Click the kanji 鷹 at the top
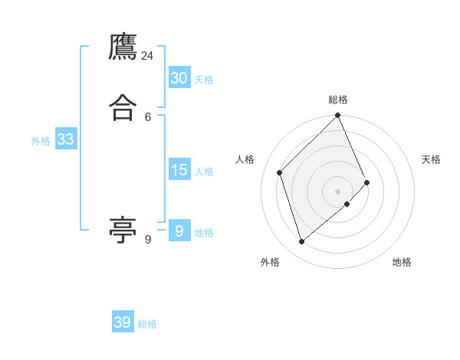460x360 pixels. pyautogui.click(x=123, y=48)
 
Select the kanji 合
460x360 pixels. pyautogui.click(x=123, y=108)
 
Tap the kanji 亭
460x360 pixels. pyautogui.click(x=123, y=230)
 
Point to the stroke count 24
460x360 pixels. pyautogui.click(x=147, y=56)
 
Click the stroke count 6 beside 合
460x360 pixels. pyautogui.click(x=148, y=116)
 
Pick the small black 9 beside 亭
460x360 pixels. pyautogui.click(x=148, y=240)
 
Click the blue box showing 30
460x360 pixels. pyautogui.click(x=179, y=78)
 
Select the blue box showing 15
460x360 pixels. pyautogui.click(x=179, y=170)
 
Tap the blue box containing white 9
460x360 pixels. pyautogui.click(x=179, y=231)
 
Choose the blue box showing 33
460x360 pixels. pyautogui.click(x=65, y=139)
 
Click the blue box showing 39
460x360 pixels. pyautogui.click(x=123, y=322)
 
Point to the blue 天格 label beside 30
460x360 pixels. pyautogui.click(x=204, y=80)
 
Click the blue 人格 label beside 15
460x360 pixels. pyautogui.click(x=204, y=172)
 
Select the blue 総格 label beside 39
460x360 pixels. pyautogui.click(x=147, y=324)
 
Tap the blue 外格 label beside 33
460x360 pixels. pyautogui.click(x=41, y=141)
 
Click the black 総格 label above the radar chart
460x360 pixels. pyautogui.click(x=338, y=100)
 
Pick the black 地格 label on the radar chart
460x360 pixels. pyautogui.click(x=402, y=262)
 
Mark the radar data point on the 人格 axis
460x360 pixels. pyautogui.click(x=280, y=172)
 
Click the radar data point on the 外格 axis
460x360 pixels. pyautogui.click(x=302, y=242)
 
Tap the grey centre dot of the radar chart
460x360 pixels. pyautogui.click(x=338, y=191)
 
